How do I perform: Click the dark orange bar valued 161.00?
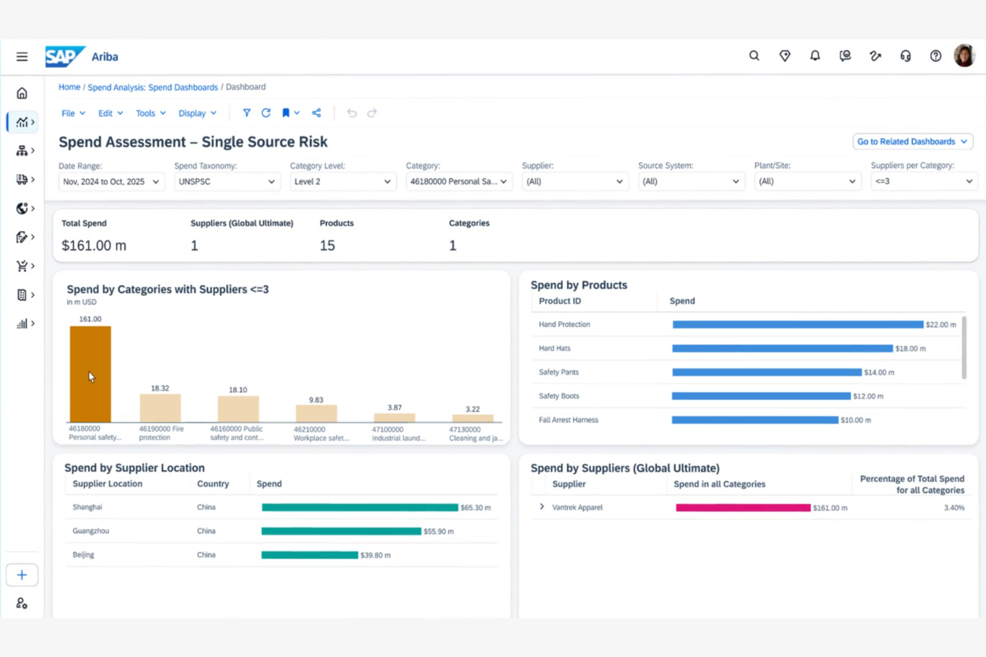tap(90, 373)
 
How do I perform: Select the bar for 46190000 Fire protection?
tap(160, 408)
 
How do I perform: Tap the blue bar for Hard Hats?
tap(782, 348)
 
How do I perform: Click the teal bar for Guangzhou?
tap(341, 531)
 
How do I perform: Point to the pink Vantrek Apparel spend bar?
tap(743, 508)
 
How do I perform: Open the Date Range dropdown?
tap(111, 182)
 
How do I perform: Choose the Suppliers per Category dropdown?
tap(923, 182)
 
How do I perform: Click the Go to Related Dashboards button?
tap(911, 142)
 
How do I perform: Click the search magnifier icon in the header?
tap(754, 56)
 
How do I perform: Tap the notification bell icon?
tap(815, 56)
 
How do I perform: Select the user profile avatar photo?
tap(964, 56)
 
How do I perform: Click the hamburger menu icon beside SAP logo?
tap(22, 57)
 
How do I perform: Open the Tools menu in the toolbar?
tap(150, 113)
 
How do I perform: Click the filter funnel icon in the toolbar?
tap(246, 113)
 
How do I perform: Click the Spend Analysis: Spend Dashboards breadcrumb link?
tap(153, 87)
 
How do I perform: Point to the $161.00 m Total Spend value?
tap(94, 246)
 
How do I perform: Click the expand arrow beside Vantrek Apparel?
tap(542, 507)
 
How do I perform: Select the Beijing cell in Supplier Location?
tap(83, 554)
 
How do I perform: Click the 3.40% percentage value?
tap(953, 508)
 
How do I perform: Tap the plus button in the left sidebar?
tap(22, 575)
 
